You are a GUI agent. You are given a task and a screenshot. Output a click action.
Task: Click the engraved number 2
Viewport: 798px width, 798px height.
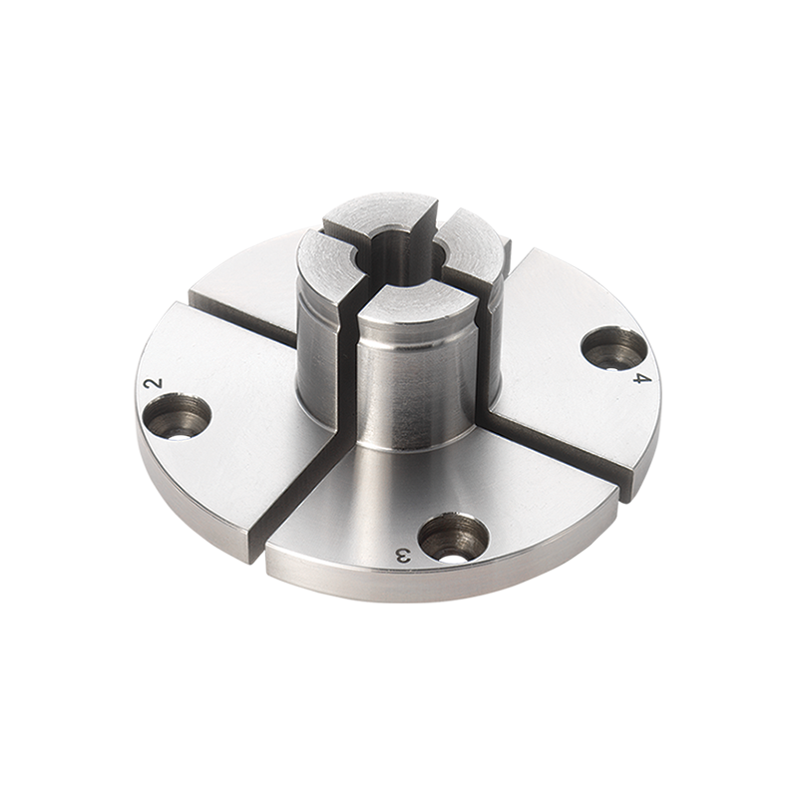154,383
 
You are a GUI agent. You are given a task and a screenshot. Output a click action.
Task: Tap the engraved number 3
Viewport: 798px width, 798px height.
403,556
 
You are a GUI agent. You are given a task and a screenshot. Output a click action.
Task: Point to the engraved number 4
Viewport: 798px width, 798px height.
641,377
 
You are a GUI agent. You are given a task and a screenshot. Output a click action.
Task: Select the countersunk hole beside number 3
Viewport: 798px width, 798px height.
453,539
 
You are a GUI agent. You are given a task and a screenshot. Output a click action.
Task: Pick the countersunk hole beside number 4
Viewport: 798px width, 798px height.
614,348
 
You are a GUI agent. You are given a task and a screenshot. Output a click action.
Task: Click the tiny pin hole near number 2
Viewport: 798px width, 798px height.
181,434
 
